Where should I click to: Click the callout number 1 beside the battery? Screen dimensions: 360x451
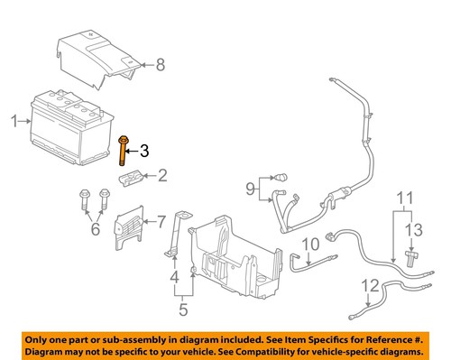click(14, 119)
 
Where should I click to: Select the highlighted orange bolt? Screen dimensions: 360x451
click(122, 151)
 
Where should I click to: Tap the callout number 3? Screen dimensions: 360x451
click(144, 151)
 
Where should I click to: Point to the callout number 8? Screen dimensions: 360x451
click(161, 64)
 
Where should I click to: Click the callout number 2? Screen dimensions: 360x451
click(162, 176)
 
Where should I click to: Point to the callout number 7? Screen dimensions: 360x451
click(161, 220)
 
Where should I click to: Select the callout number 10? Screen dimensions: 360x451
click(309, 244)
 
